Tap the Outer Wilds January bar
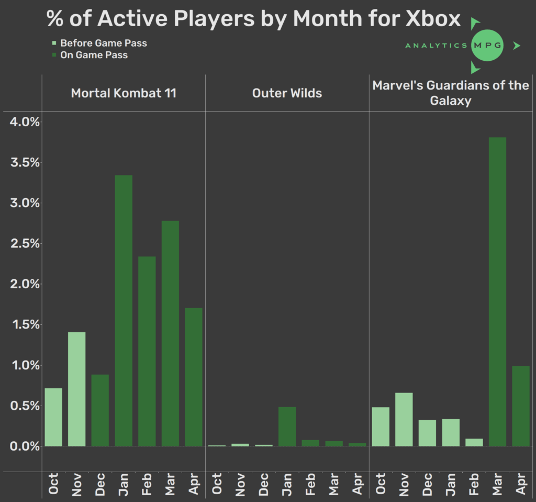point(287,427)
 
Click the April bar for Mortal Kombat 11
point(193,377)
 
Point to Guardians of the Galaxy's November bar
point(404,419)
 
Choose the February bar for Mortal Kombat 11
point(147,351)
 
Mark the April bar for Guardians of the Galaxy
point(521,406)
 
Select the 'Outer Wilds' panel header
point(287,93)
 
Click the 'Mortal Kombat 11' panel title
point(124,93)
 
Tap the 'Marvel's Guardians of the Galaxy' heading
point(451,92)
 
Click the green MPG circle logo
point(487,46)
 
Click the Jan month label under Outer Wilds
point(287,484)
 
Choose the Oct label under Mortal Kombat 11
point(53,484)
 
